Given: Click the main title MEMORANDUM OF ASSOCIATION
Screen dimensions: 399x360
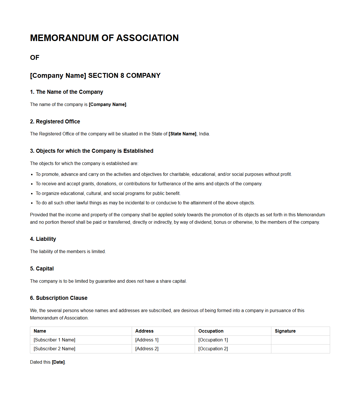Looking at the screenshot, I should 104,38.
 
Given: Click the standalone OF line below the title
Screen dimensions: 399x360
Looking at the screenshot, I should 35,58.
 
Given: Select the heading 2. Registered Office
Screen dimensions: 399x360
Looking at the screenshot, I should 55,122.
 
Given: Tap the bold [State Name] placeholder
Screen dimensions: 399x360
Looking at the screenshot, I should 182,134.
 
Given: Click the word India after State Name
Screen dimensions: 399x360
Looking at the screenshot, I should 204,134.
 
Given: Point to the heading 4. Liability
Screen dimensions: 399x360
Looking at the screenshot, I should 43,239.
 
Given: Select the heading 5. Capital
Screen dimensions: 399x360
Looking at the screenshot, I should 42,269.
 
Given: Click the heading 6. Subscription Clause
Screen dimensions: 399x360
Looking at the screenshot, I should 59,298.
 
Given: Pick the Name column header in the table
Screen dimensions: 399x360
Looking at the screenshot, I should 40,331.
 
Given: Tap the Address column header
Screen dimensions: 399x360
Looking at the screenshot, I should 144,331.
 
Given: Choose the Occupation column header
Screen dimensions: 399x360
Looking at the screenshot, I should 211,331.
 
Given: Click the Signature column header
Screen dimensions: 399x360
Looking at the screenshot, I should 285,331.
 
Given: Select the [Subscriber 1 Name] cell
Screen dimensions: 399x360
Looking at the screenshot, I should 54,340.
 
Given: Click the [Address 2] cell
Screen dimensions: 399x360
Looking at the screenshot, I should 147,349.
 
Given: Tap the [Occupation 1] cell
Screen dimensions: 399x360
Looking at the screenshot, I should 213,340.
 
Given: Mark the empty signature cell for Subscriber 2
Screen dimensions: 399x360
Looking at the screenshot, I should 300,349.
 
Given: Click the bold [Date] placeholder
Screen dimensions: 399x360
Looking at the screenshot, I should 58,362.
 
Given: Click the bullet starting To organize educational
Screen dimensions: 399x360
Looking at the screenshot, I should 108,194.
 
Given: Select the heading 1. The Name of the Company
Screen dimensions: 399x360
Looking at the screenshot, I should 66,92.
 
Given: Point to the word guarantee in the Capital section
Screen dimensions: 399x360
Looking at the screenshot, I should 105,281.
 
